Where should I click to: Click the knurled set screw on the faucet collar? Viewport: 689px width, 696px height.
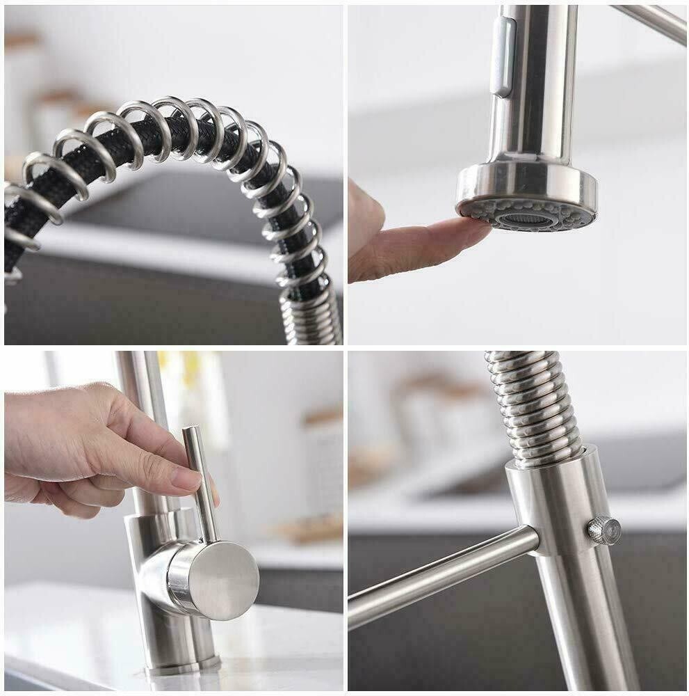603,530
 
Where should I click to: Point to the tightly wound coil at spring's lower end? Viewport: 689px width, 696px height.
309,317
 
